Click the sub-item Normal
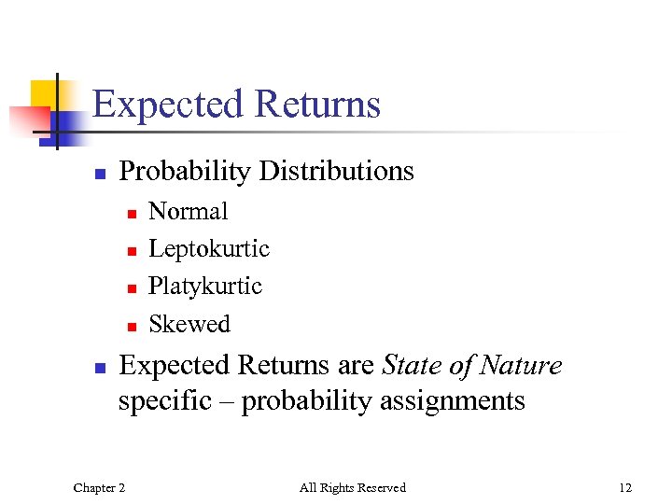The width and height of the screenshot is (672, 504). click(x=188, y=212)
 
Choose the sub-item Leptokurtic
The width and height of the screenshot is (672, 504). click(x=208, y=249)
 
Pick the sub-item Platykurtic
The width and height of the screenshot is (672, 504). click(x=205, y=287)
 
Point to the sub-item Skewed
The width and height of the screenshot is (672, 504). click(x=189, y=324)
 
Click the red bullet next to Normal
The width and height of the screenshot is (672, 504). click(x=132, y=214)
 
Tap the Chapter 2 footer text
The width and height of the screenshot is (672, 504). click(x=100, y=487)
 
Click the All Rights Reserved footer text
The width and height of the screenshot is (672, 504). click(x=352, y=487)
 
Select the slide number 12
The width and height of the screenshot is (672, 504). click(x=624, y=487)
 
